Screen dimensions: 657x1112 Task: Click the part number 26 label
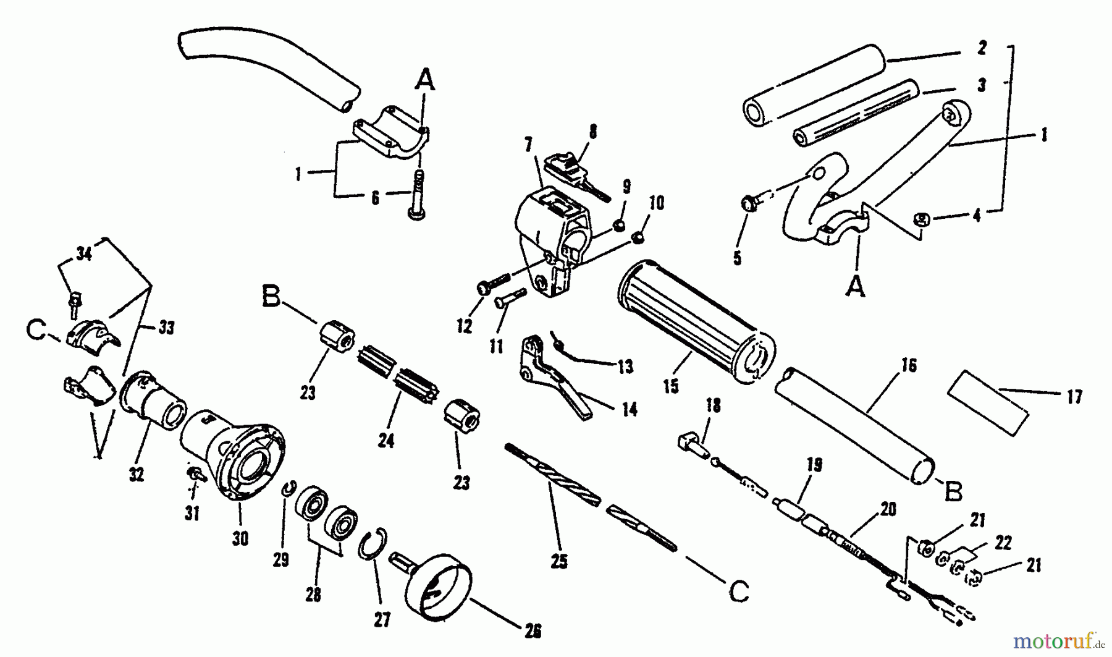[533, 630]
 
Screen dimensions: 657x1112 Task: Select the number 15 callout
[670, 386]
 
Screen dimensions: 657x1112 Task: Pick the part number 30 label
[240, 538]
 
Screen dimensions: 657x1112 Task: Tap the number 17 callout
[1074, 397]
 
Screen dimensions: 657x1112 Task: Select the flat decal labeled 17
[988, 403]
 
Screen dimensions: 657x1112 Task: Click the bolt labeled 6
[418, 194]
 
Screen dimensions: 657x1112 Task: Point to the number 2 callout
[982, 48]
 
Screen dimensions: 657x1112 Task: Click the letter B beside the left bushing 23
[272, 297]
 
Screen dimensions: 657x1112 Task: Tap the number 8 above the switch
[593, 131]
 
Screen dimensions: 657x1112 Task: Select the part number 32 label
[137, 474]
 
